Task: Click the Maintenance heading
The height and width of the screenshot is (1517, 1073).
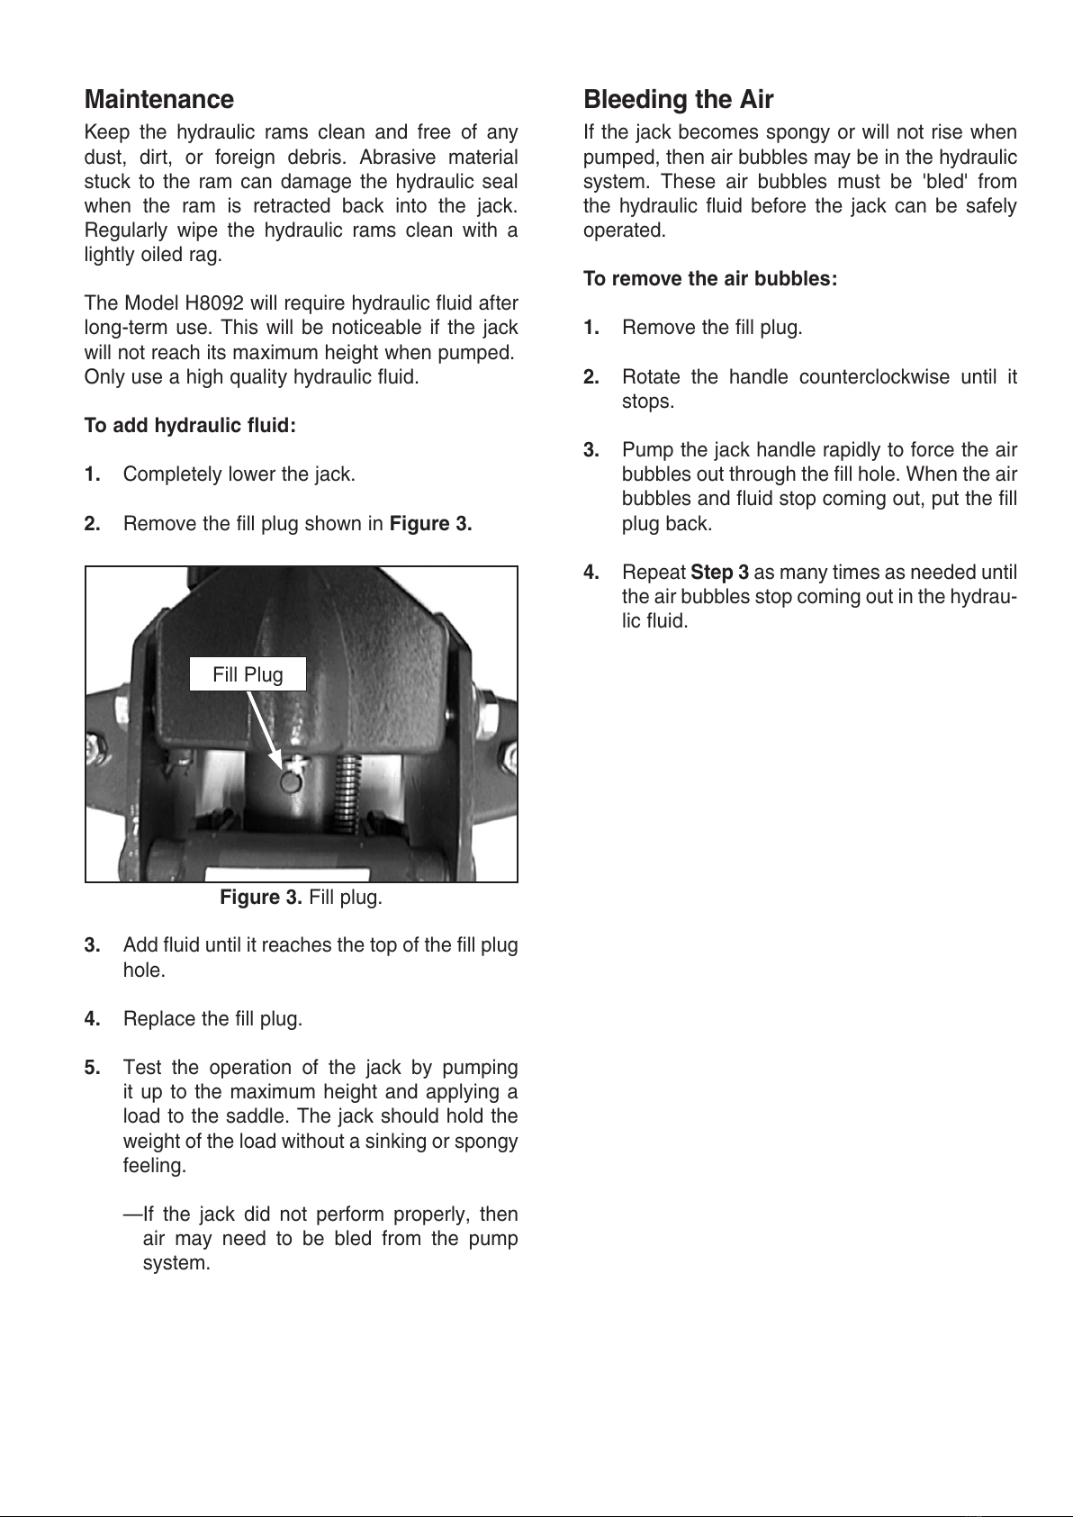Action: (158, 99)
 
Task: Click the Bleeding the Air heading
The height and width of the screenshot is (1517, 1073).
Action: (678, 99)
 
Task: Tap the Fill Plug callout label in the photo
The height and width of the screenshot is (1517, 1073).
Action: (248, 674)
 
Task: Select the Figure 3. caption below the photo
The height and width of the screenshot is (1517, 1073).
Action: (301, 898)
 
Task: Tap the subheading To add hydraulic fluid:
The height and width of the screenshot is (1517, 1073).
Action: (190, 426)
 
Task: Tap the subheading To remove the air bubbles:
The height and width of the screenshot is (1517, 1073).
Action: (709, 279)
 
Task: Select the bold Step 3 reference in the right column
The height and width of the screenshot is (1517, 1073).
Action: (719, 573)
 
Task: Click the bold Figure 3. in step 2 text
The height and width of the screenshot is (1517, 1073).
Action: (430, 524)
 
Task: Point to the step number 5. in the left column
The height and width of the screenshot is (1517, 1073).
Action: (93, 1068)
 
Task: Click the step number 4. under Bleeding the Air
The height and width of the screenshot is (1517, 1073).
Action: (591, 573)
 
